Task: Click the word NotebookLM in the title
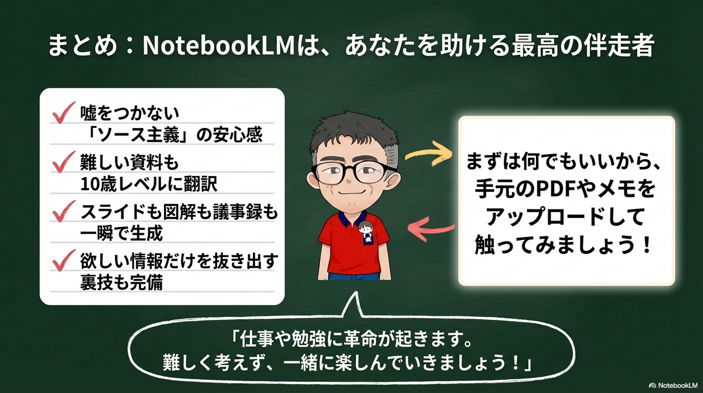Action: click(219, 47)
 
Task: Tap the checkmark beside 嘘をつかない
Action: click(63, 113)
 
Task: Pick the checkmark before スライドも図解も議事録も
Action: click(64, 212)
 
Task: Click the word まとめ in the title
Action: click(82, 47)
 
